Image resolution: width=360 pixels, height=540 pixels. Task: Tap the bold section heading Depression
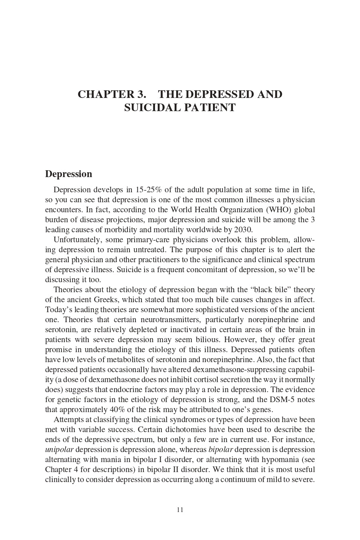[69, 174]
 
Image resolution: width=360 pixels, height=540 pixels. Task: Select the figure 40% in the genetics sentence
[118, 409]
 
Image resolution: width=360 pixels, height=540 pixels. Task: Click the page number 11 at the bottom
[180, 510]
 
